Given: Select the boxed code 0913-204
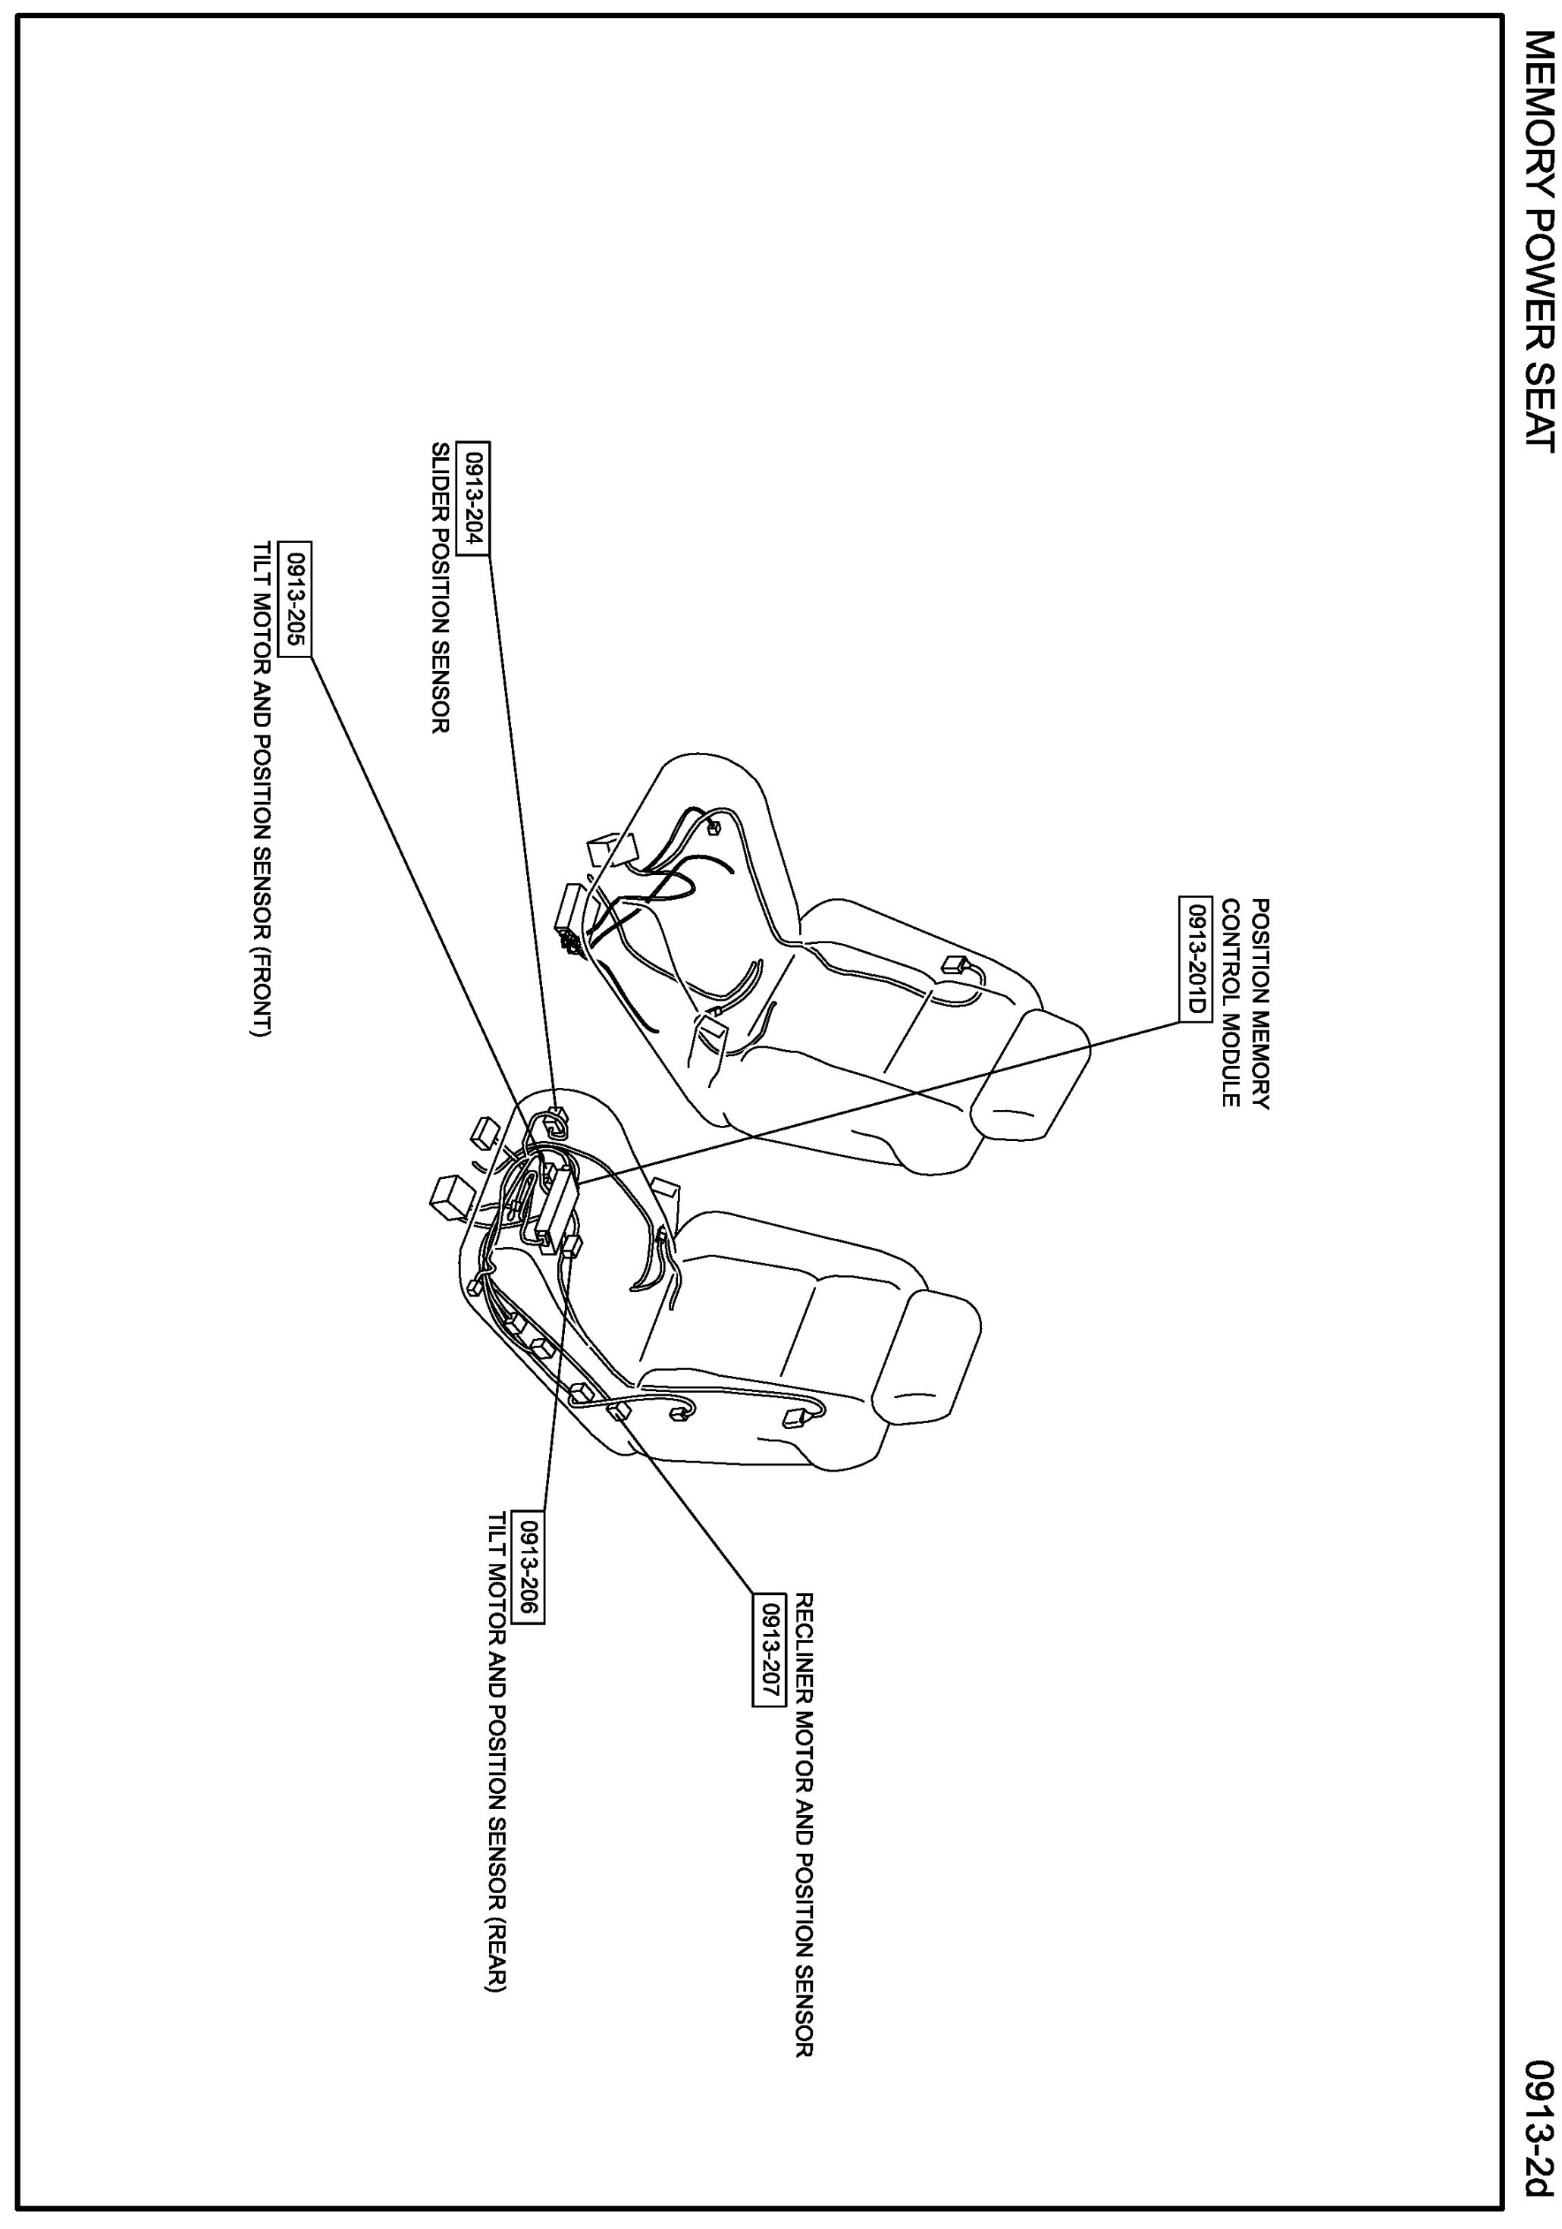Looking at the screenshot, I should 475,498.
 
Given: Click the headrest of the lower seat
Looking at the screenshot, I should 927,1359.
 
